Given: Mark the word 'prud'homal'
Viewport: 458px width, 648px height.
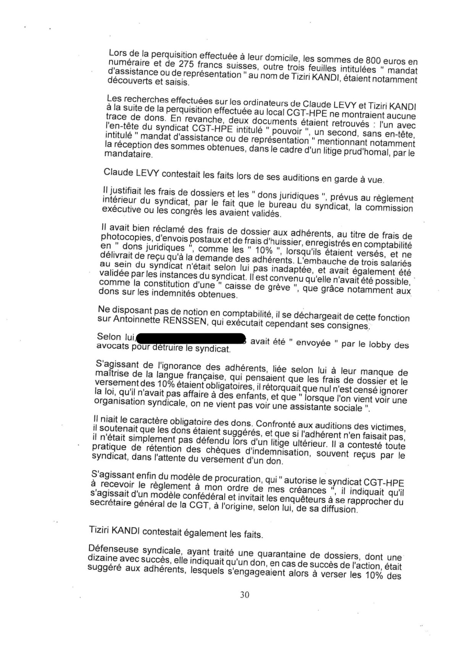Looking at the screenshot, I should pos(370,153).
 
